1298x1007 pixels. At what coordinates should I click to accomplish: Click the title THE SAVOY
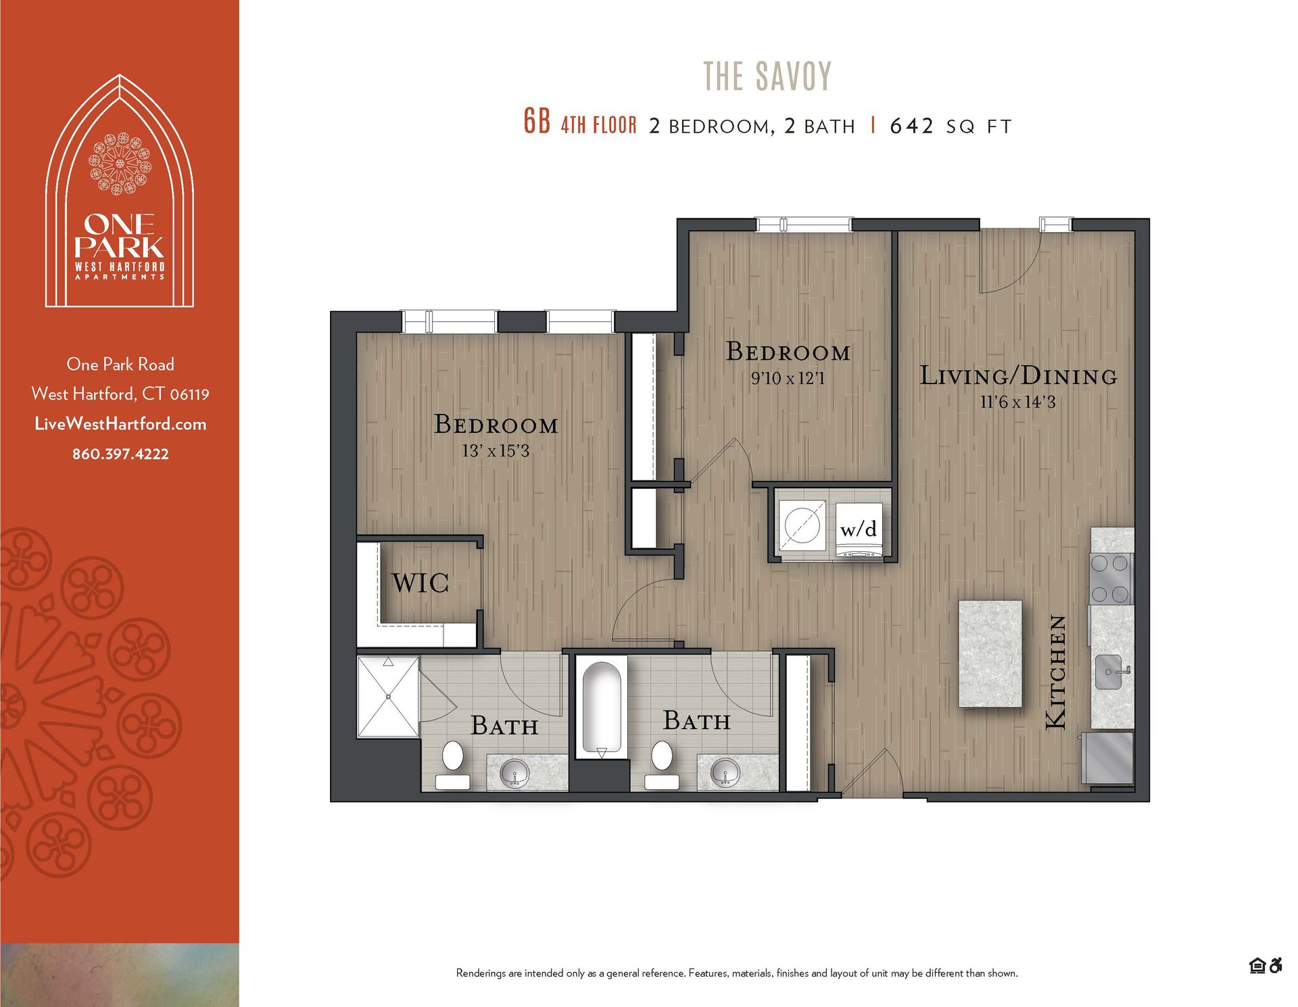pos(767,76)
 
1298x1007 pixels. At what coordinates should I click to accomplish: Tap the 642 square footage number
pos(911,126)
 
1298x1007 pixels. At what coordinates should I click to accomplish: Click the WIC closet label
pos(420,582)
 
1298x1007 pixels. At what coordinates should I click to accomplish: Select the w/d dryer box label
pos(859,529)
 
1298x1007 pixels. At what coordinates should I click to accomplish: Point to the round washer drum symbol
pos(802,525)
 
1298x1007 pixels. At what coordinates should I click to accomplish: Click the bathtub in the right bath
pos(601,707)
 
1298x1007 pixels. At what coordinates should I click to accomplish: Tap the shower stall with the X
pos(388,696)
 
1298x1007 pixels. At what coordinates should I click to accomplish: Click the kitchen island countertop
pos(990,653)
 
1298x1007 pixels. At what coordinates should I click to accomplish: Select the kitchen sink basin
pos(1108,672)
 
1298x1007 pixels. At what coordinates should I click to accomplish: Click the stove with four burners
pos(1111,578)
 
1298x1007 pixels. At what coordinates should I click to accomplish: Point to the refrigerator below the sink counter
pos(1108,757)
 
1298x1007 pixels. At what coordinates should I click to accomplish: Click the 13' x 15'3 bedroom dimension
pos(496,451)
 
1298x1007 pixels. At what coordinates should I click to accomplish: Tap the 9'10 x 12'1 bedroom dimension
pos(788,378)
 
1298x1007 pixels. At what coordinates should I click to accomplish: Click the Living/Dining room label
pos(1018,376)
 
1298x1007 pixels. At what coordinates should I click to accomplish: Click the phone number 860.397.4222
pos(120,454)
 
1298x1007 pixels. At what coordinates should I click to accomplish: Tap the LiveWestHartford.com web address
pos(120,424)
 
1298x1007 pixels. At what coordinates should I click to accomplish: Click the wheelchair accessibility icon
pos(1276,966)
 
